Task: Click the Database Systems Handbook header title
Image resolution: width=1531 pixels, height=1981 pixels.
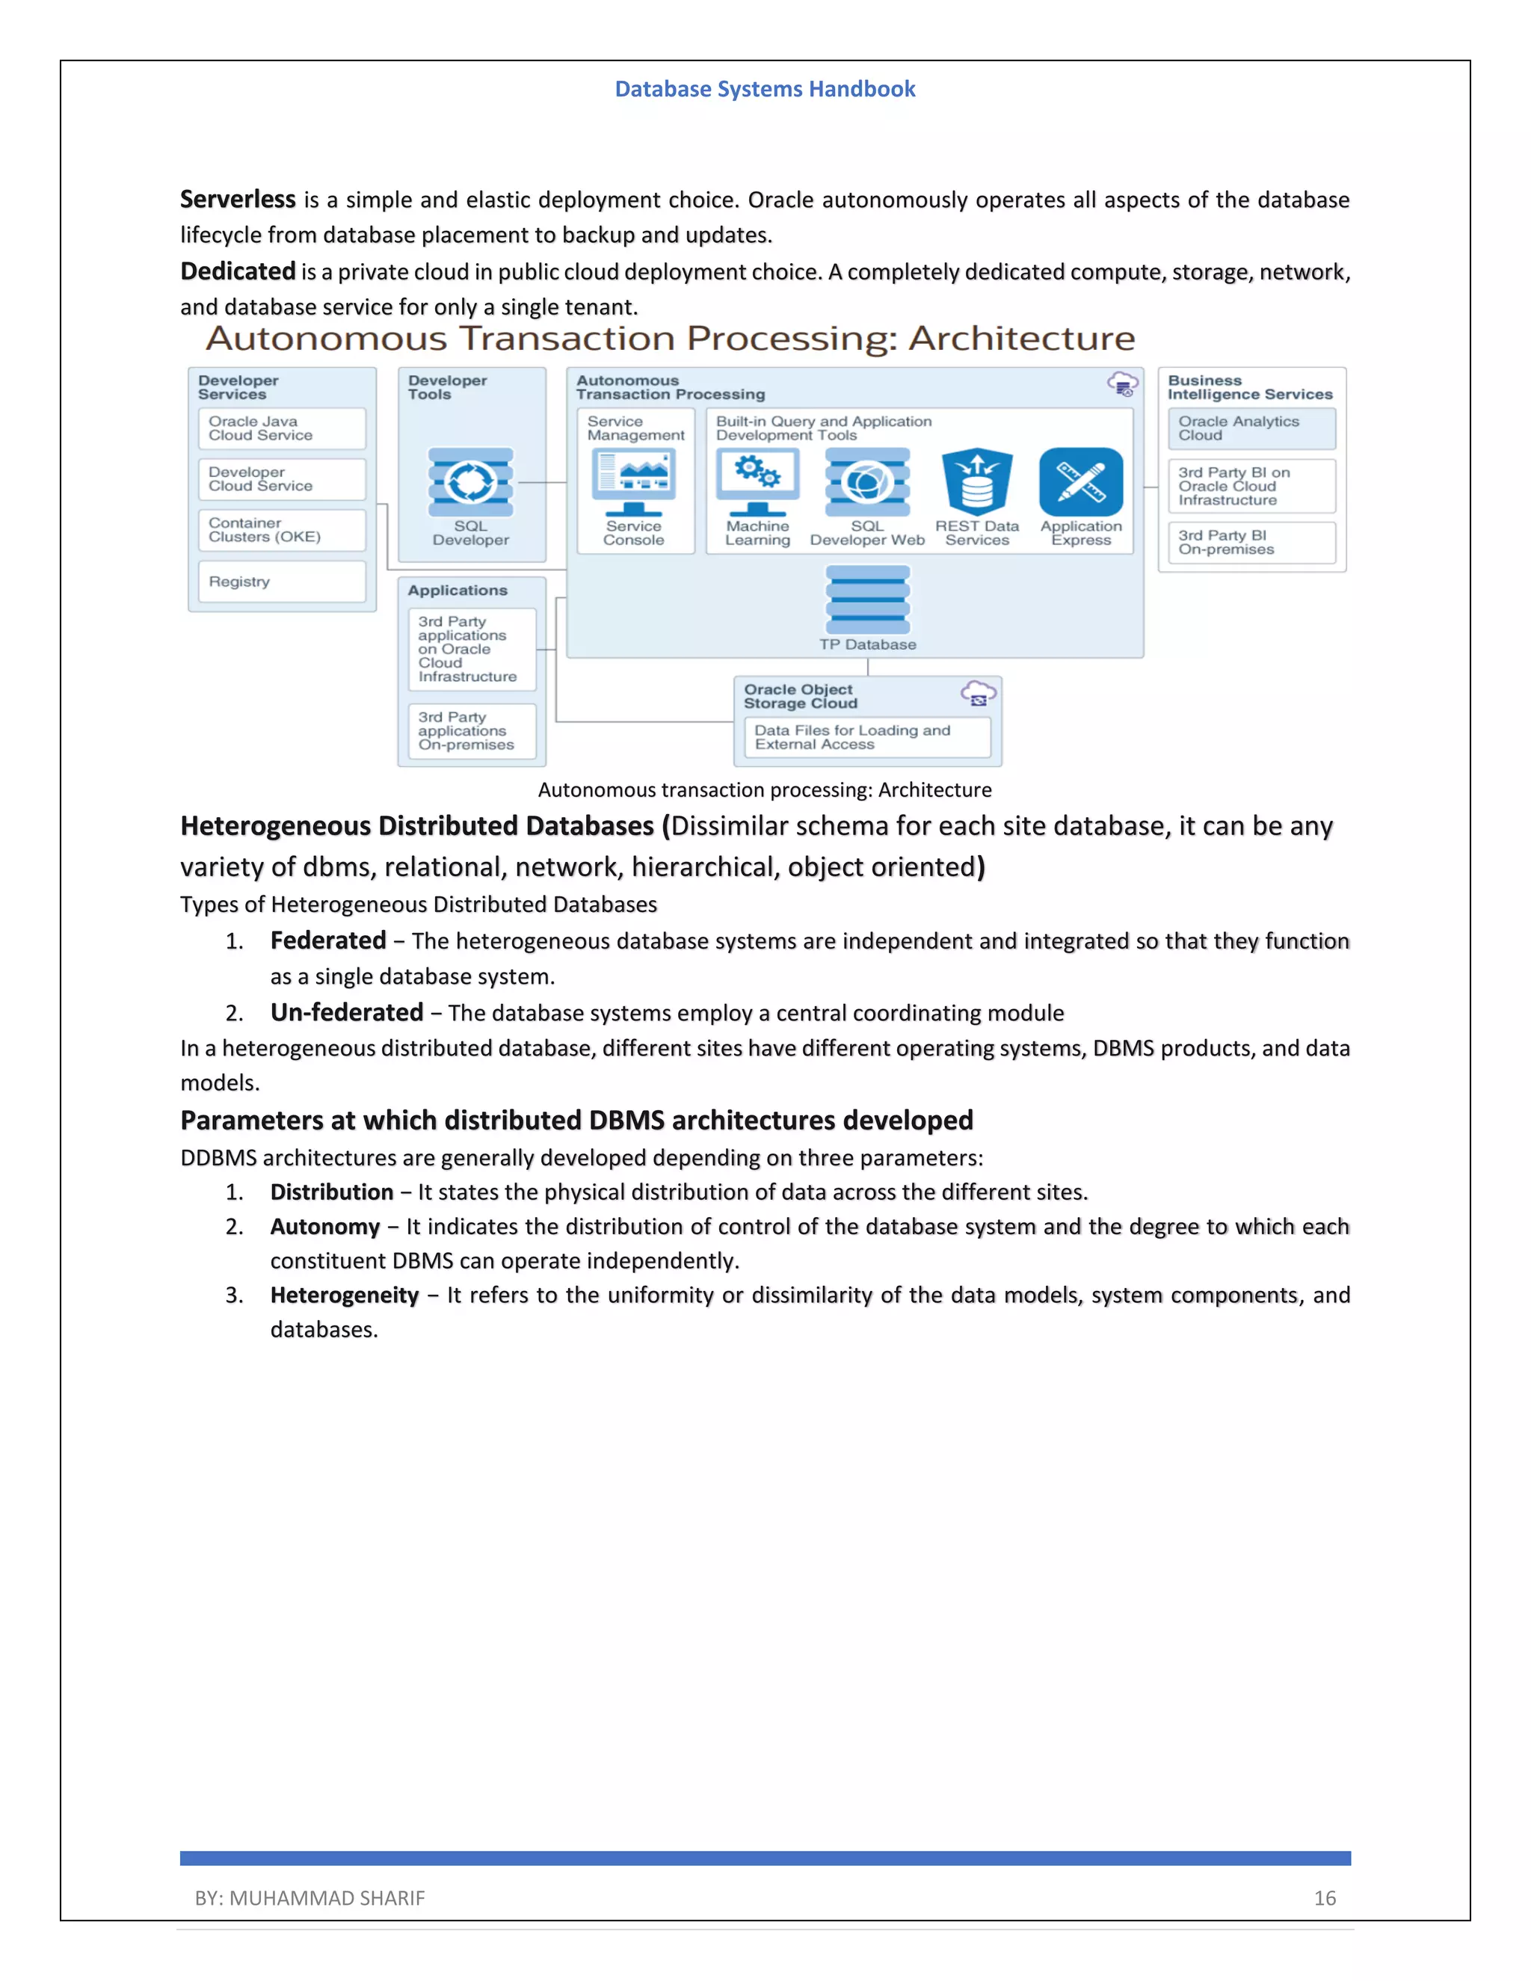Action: (x=765, y=89)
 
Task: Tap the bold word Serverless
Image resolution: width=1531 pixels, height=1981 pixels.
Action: (x=238, y=199)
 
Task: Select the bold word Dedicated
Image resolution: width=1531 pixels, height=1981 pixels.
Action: (x=238, y=271)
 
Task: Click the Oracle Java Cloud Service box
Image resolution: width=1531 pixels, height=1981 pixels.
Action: (x=282, y=428)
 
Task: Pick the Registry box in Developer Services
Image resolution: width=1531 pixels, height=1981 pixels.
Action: (x=282, y=582)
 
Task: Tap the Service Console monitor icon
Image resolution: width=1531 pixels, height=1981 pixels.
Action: (x=633, y=481)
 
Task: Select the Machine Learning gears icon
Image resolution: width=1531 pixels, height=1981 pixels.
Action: (x=757, y=479)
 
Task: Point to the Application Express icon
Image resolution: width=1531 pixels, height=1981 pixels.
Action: (x=1081, y=481)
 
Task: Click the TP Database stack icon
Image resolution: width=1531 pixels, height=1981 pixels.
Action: (x=867, y=600)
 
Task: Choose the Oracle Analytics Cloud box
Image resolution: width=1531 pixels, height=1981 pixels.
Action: (x=1251, y=428)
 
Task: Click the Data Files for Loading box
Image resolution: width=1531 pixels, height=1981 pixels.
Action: (x=867, y=737)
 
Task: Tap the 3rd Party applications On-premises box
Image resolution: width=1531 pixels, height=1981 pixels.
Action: (x=472, y=731)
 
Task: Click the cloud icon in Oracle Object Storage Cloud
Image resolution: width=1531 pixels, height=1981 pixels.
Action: (x=978, y=694)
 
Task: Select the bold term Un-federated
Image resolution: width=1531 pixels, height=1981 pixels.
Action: (x=346, y=1012)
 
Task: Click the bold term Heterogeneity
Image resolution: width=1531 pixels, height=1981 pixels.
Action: (x=344, y=1295)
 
